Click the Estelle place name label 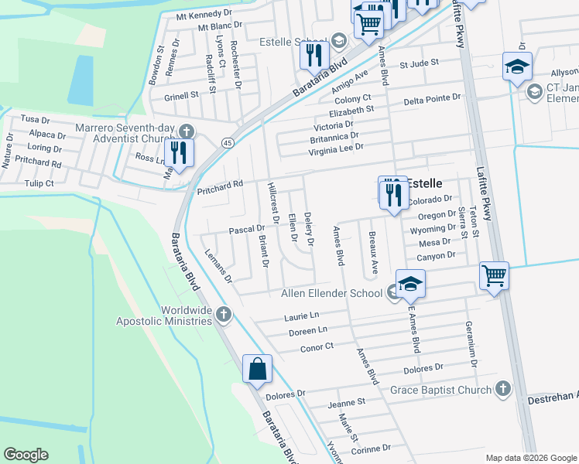[425, 183]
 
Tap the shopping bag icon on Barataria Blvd [256, 370]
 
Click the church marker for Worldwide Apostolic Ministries [224, 314]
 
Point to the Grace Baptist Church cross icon [502, 389]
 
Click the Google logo [26, 455]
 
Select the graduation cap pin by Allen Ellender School [410, 284]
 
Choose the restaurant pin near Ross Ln [179, 153]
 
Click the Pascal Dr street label [247, 230]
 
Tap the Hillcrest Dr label [272, 204]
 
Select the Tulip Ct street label [39, 183]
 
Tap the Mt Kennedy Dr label [204, 15]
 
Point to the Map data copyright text [530, 457]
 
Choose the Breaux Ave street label [374, 251]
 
